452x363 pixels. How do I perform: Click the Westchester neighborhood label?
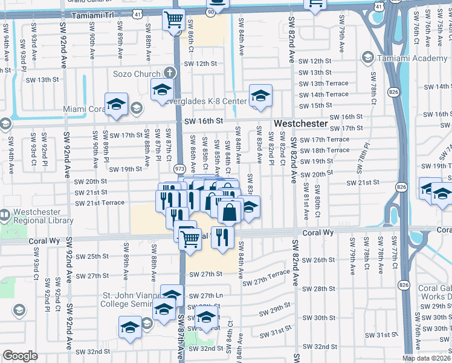(x=301, y=123)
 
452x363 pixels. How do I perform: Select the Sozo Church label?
(x=138, y=74)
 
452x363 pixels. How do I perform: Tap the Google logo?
(x=20, y=356)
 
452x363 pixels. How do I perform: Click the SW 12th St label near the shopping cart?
(x=200, y=63)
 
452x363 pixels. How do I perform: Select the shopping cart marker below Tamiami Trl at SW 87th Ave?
(x=173, y=19)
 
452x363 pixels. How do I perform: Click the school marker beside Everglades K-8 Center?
(x=260, y=96)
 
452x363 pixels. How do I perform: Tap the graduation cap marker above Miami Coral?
(x=116, y=103)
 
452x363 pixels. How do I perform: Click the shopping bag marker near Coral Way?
(x=230, y=212)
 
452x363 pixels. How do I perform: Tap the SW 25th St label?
(x=89, y=257)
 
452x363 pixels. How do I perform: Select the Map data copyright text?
(x=427, y=358)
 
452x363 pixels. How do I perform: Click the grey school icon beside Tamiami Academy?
(x=367, y=57)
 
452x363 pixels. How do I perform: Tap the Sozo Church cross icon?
(x=170, y=73)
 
